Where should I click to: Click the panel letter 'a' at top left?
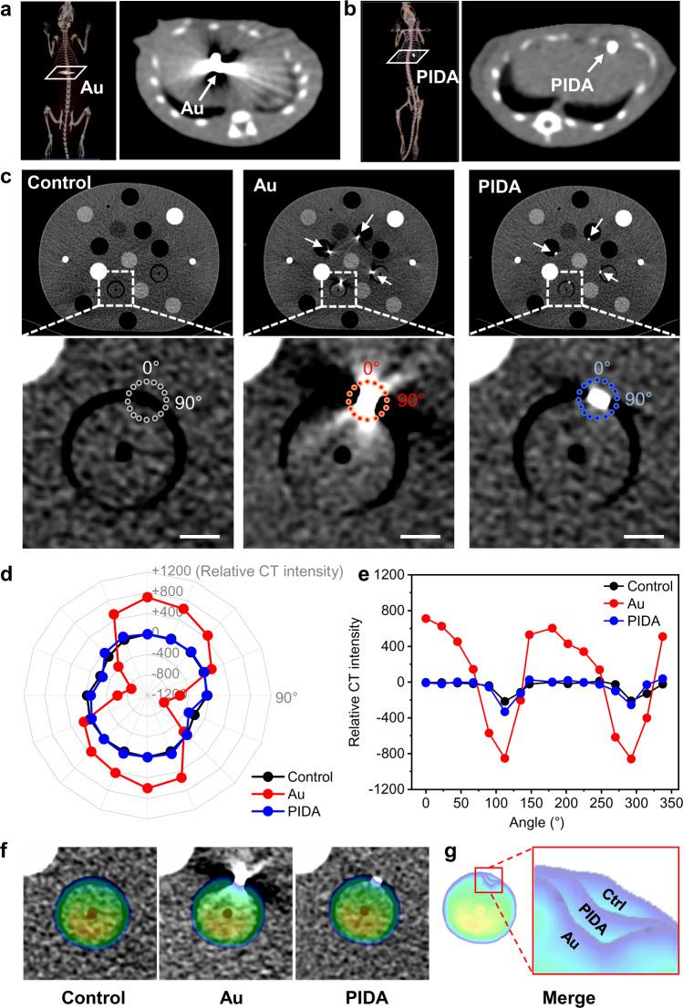[8, 9]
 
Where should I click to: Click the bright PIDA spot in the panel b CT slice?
[612, 46]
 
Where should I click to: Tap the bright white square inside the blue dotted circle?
[598, 398]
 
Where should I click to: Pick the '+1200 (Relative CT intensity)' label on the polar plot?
[246, 571]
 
